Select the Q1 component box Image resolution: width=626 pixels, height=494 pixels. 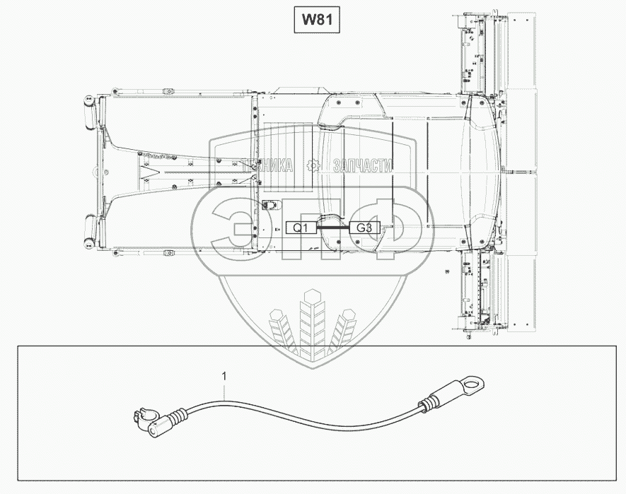[301, 228]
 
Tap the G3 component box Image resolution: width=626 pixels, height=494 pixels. [365, 228]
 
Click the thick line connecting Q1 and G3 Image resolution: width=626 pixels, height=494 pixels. [333, 228]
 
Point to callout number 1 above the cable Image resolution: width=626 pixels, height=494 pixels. [225, 377]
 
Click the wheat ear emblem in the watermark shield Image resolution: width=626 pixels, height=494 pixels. [312, 322]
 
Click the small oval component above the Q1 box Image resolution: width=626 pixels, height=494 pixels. [269, 206]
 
